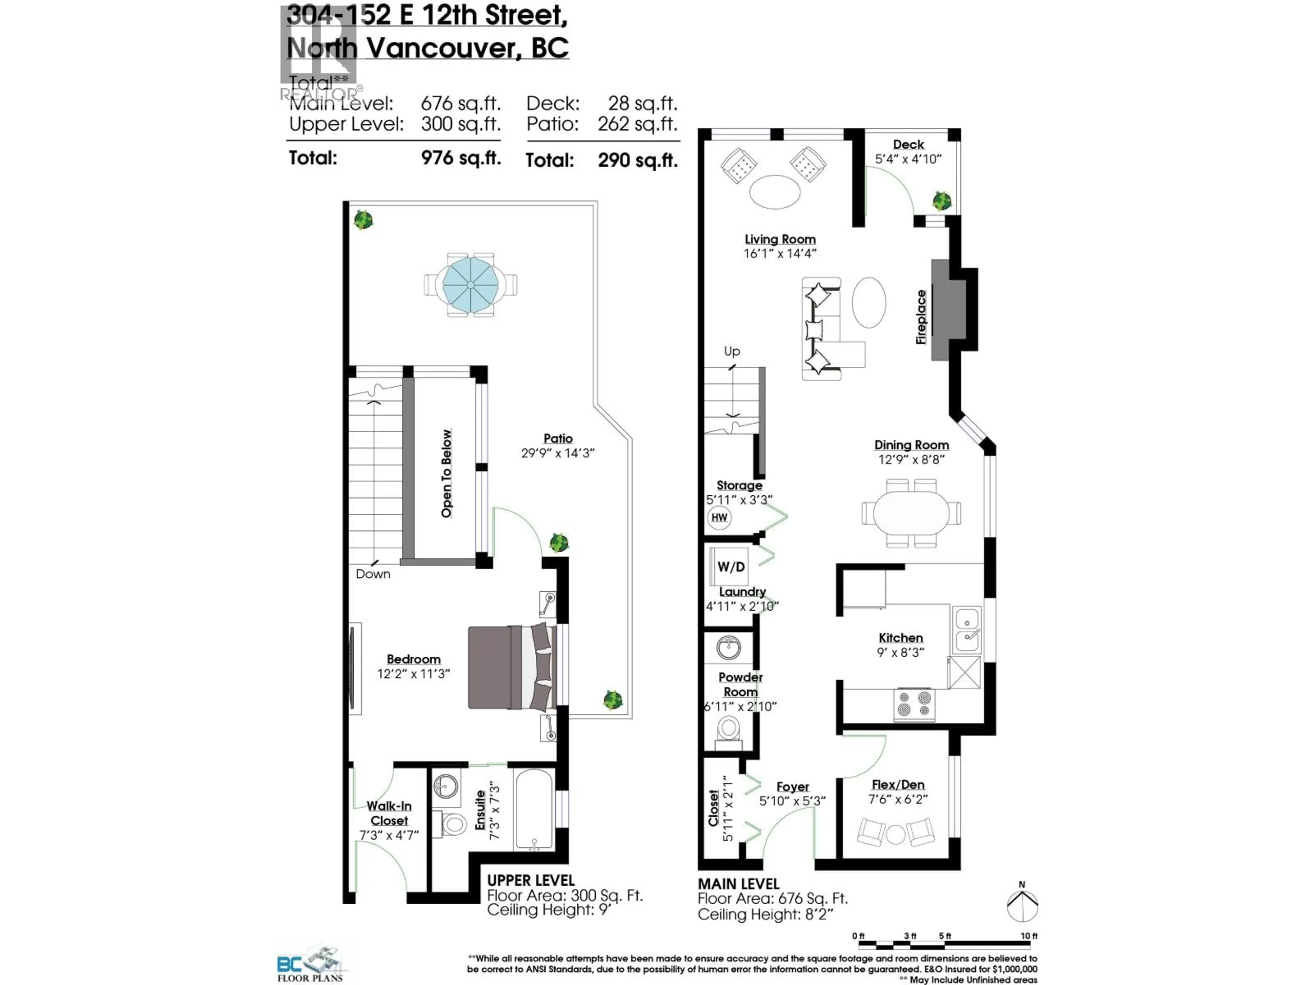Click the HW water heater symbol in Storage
click(x=719, y=517)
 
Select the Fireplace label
click(x=921, y=317)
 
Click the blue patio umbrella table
click(x=470, y=285)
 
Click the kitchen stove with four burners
click(x=914, y=704)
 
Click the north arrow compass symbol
click(x=1022, y=905)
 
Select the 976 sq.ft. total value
click(x=461, y=158)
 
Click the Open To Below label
click(x=446, y=474)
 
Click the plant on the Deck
click(x=941, y=201)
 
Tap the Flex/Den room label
click(x=898, y=785)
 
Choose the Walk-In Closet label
click(x=389, y=813)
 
